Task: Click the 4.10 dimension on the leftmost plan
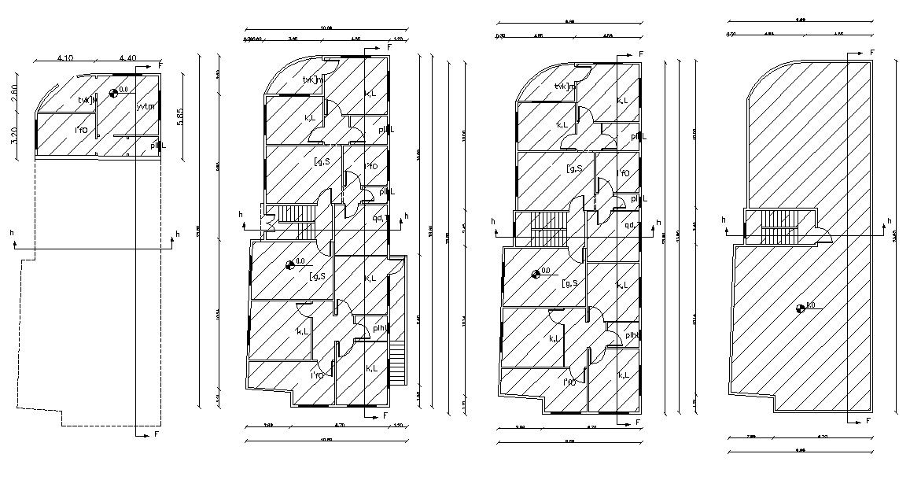[65, 57]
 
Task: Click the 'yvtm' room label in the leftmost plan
[145, 106]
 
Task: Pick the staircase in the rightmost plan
[779, 227]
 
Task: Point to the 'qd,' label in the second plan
[378, 218]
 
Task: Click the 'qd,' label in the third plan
[629, 225]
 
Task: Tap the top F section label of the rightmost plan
[871, 52]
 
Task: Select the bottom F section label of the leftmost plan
[156, 434]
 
